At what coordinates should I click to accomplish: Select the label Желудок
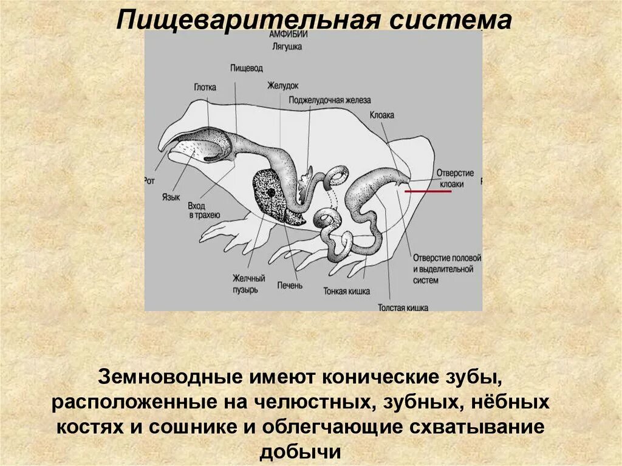[x=283, y=86]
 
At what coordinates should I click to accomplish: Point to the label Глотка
[x=205, y=87]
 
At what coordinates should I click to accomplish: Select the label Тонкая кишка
[x=347, y=291]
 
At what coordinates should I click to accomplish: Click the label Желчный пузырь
[x=248, y=284]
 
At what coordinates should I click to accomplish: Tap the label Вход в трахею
[x=204, y=211]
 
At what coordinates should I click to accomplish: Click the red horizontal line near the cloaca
[x=428, y=191]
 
